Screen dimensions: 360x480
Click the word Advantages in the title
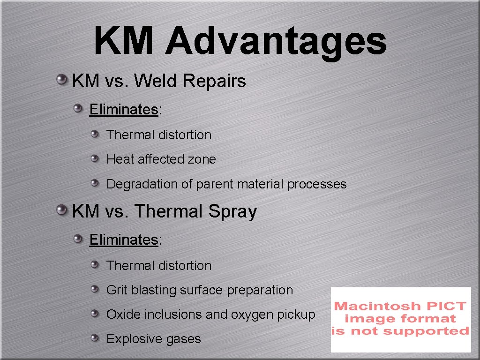click(x=276, y=41)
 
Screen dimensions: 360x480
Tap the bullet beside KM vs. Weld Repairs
click(x=61, y=80)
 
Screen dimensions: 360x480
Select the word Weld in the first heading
click(x=156, y=81)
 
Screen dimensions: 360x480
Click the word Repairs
click(x=214, y=82)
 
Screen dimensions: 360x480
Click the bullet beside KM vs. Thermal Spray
click(x=61, y=210)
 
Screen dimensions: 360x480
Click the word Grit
click(x=117, y=290)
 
